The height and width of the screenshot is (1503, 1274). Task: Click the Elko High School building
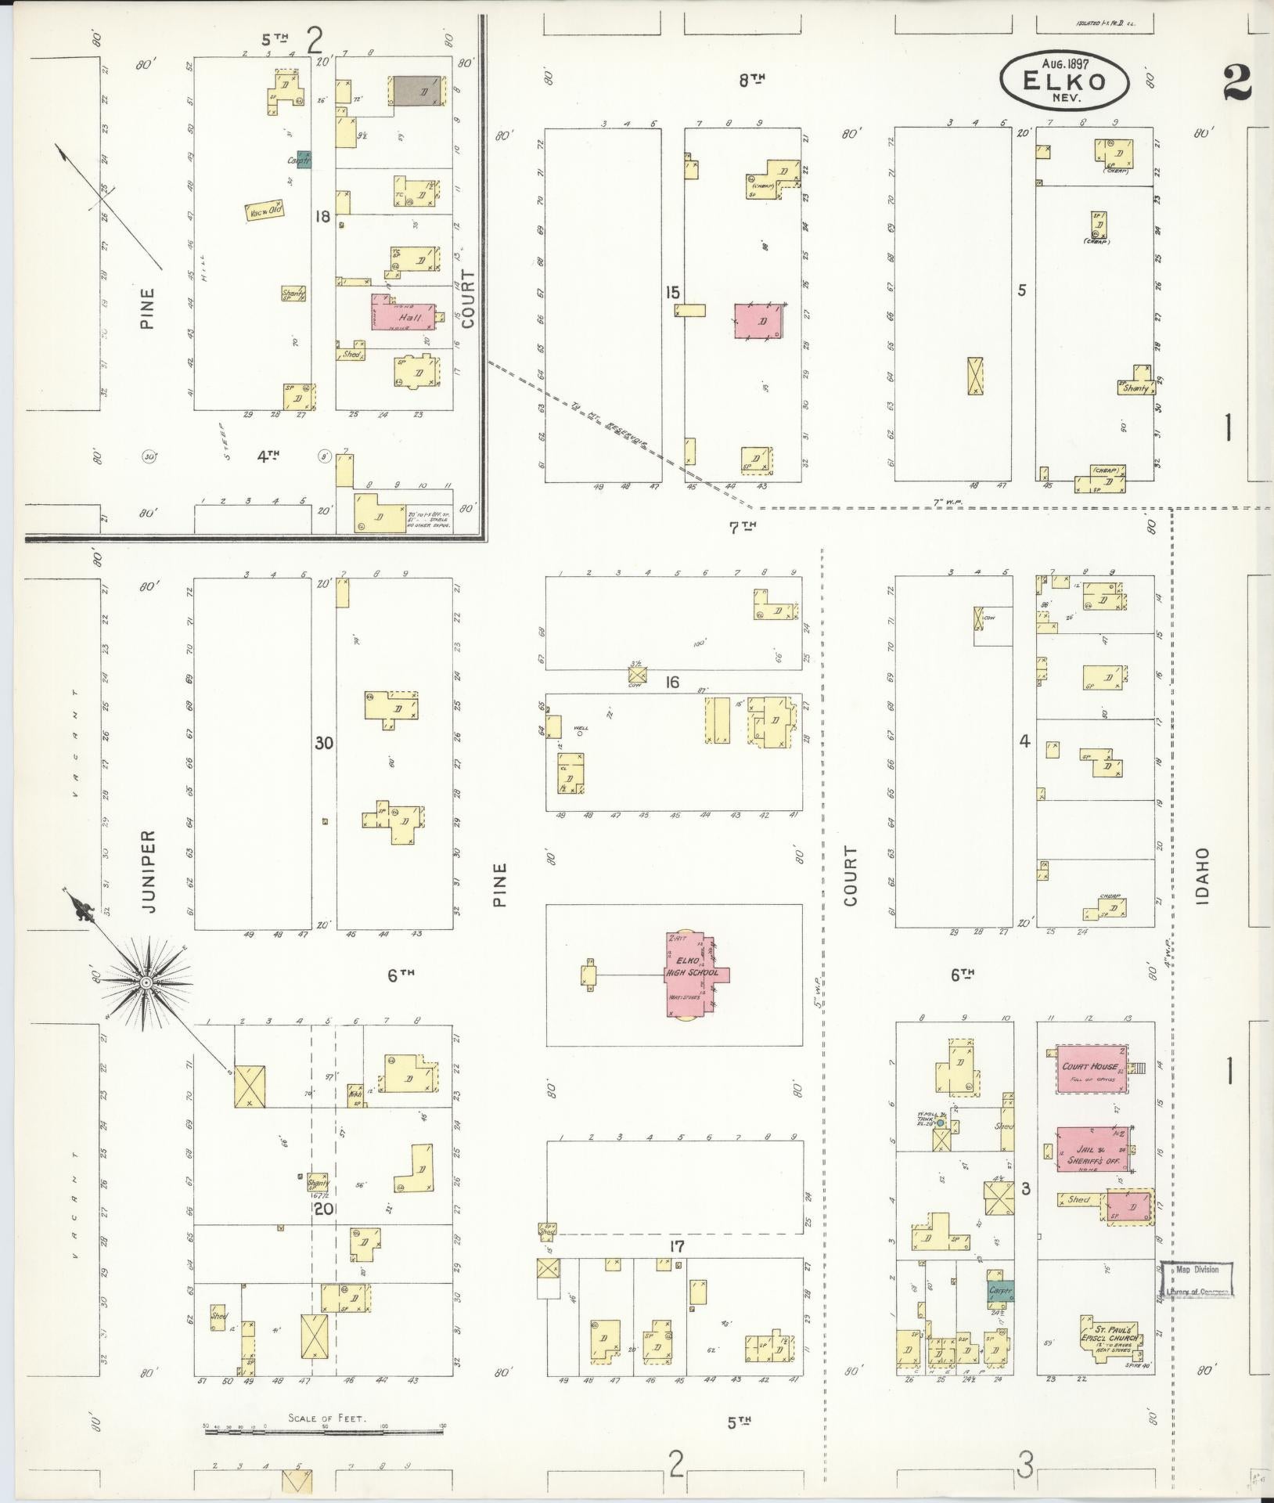click(x=693, y=975)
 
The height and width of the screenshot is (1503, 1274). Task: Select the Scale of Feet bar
click(x=324, y=1432)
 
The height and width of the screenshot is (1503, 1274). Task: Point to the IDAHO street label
click(x=1204, y=876)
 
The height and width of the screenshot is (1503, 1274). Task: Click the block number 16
click(x=672, y=682)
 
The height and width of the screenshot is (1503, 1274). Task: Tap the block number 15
click(x=672, y=292)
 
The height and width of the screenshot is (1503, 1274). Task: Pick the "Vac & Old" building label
click(x=264, y=211)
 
